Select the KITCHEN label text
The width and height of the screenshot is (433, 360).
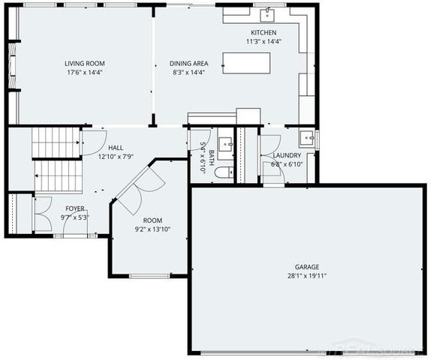tap(263, 33)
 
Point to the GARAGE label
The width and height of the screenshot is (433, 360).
tap(306, 266)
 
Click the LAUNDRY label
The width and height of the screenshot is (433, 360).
tap(287, 155)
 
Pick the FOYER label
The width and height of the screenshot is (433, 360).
tap(75, 208)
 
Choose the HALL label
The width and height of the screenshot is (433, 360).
tap(116, 148)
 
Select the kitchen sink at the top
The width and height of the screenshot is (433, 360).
tap(267, 14)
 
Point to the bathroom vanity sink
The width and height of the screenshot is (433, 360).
tap(225, 145)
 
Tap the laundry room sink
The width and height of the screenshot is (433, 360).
tap(306, 138)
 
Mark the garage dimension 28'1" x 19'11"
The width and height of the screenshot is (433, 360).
tap(306, 275)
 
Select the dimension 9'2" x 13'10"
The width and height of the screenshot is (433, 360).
tap(153, 229)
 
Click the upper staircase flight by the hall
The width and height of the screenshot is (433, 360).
tap(56, 142)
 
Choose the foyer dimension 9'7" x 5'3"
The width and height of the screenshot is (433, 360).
tap(75, 217)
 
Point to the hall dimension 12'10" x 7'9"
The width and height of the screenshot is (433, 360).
tap(116, 157)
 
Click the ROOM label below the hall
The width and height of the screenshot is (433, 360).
tap(153, 220)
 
